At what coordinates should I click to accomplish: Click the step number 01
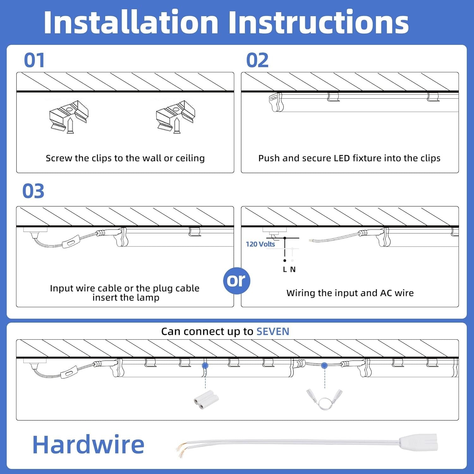[x=34, y=60]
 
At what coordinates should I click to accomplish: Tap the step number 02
[x=257, y=60]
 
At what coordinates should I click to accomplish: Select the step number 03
[x=33, y=191]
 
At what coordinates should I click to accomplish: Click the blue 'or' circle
[x=236, y=281]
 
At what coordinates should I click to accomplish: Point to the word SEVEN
[x=273, y=331]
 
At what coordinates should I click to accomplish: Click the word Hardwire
[x=88, y=444]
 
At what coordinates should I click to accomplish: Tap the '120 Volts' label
[x=260, y=244]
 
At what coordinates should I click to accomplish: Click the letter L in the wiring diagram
[x=285, y=269]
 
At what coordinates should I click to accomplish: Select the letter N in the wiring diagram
[x=293, y=269]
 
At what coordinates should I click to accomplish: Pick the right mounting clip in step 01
[x=175, y=117]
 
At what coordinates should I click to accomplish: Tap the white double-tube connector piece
[x=206, y=400]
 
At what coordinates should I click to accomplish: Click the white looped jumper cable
[x=324, y=400]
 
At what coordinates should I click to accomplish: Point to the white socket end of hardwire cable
[x=418, y=442]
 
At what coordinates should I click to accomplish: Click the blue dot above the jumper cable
[x=324, y=366]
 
